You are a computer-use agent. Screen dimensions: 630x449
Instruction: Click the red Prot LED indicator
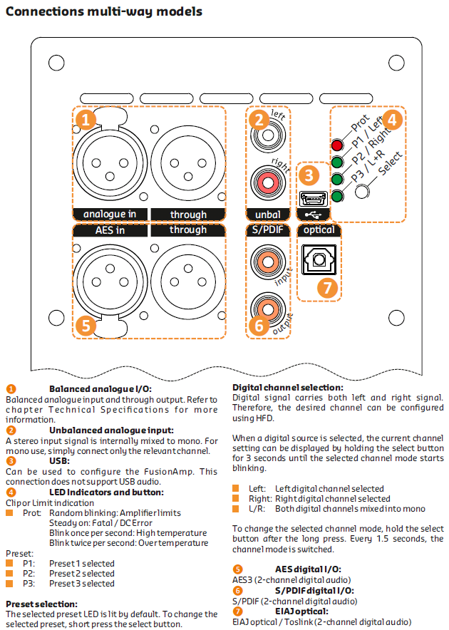pos(337,146)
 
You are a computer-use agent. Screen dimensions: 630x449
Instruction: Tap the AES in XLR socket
pos(110,280)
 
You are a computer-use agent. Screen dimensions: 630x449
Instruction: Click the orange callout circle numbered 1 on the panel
pos(86,119)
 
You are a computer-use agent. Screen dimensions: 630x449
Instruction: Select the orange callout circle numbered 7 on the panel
pos(326,288)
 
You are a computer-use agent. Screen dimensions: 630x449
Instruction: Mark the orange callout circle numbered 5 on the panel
pos(86,325)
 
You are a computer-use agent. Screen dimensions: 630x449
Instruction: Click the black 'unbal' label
pos(267,214)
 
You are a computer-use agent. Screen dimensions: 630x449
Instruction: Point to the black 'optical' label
pos(318,230)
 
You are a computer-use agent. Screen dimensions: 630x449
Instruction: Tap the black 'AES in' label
pos(110,230)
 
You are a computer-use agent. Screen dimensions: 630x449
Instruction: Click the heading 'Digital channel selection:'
pos(288,387)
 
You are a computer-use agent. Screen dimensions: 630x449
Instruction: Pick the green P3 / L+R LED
pos(337,195)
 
